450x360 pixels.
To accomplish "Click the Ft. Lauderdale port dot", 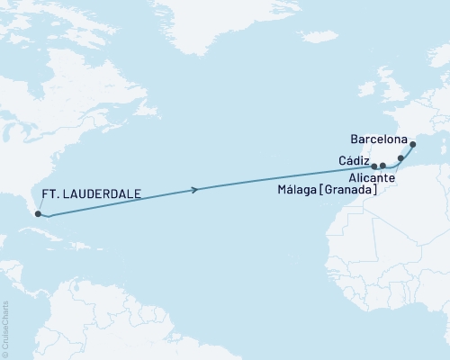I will click(x=37, y=213).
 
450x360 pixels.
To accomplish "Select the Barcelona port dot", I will click(x=412, y=145).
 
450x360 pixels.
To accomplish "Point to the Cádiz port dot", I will click(x=373, y=166).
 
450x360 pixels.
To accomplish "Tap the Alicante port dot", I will click(x=400, y=157).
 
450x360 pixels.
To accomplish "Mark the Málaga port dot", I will click(x=382, y=166).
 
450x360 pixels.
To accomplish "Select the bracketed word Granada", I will click(x=351, y=191).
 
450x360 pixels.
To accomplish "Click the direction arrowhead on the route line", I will click(x=195, y=189).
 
